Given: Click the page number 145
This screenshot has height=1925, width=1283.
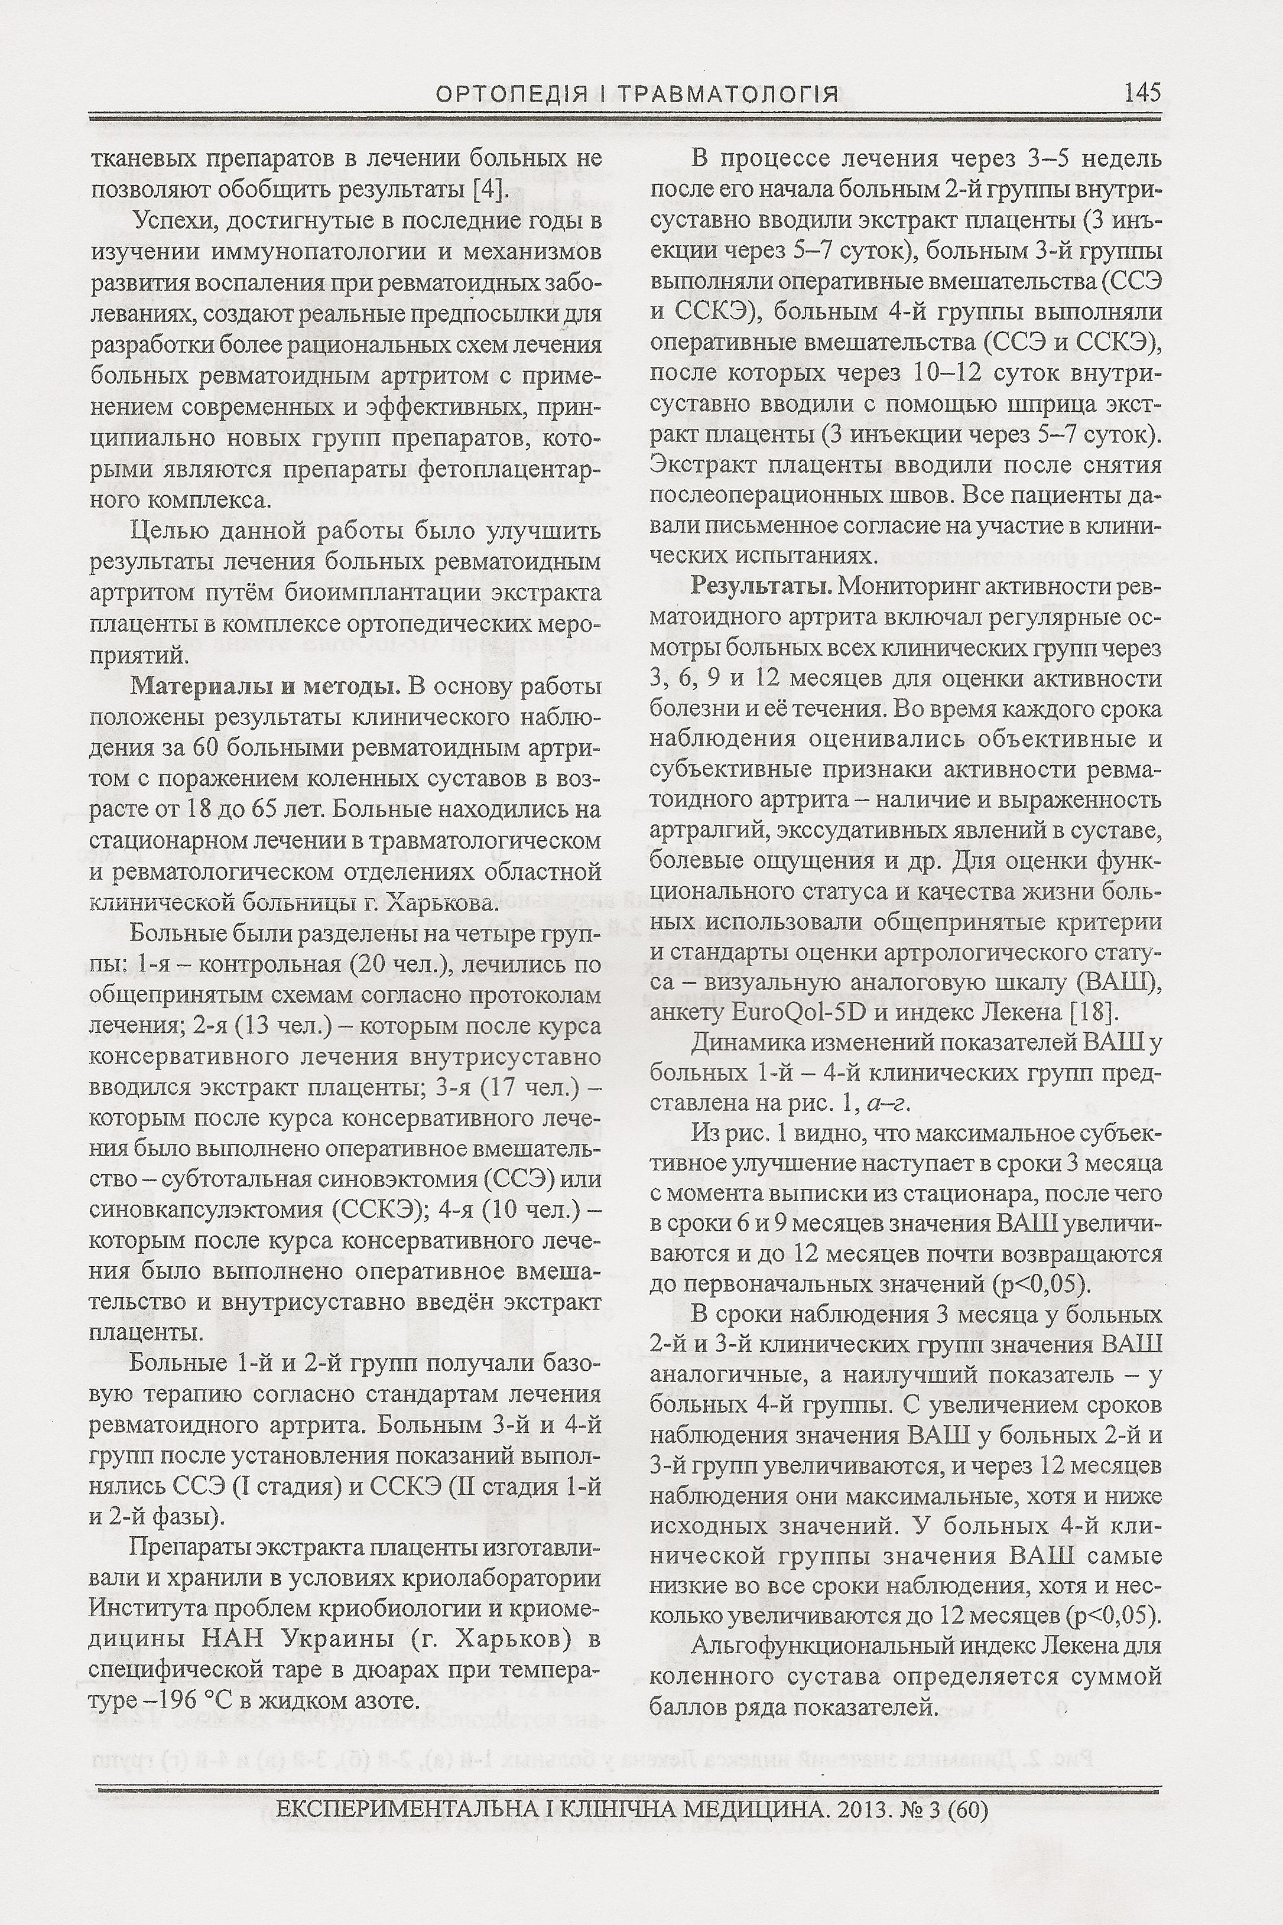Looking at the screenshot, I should coord(1142,92).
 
